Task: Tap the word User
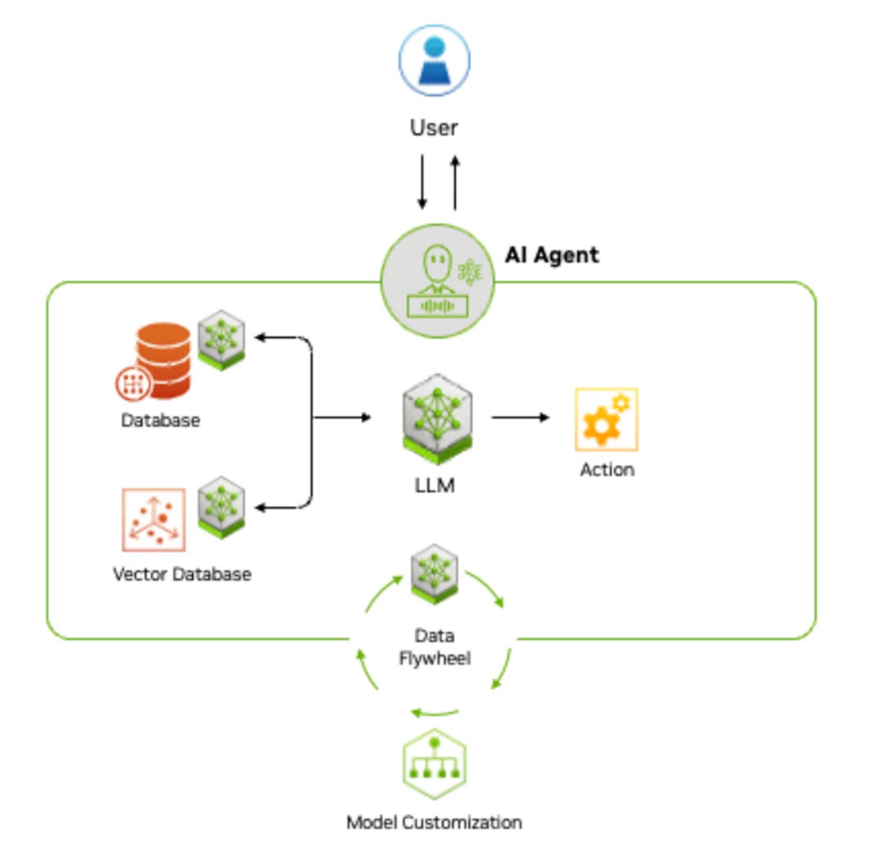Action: [x=434, y=128]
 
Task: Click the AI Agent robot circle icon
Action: [x=438, y=281]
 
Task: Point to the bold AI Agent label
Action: [x=551, y=255]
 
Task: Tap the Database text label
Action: [x=161, y=421]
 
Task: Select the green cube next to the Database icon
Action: [x=221, y=339]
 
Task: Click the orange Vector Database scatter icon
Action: [x=153, y=520]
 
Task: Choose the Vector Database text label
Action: [x=181, y=573]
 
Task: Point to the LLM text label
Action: [x=434, y=486]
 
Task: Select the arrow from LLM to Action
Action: [x=521, y=418]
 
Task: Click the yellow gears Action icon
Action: [x=606, y=420]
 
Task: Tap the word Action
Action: [x=607, y=470]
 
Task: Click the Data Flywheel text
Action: [x=435, y=647]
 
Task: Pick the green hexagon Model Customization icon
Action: [x=435, y=764]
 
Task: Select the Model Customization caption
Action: [x=434, y=822]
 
